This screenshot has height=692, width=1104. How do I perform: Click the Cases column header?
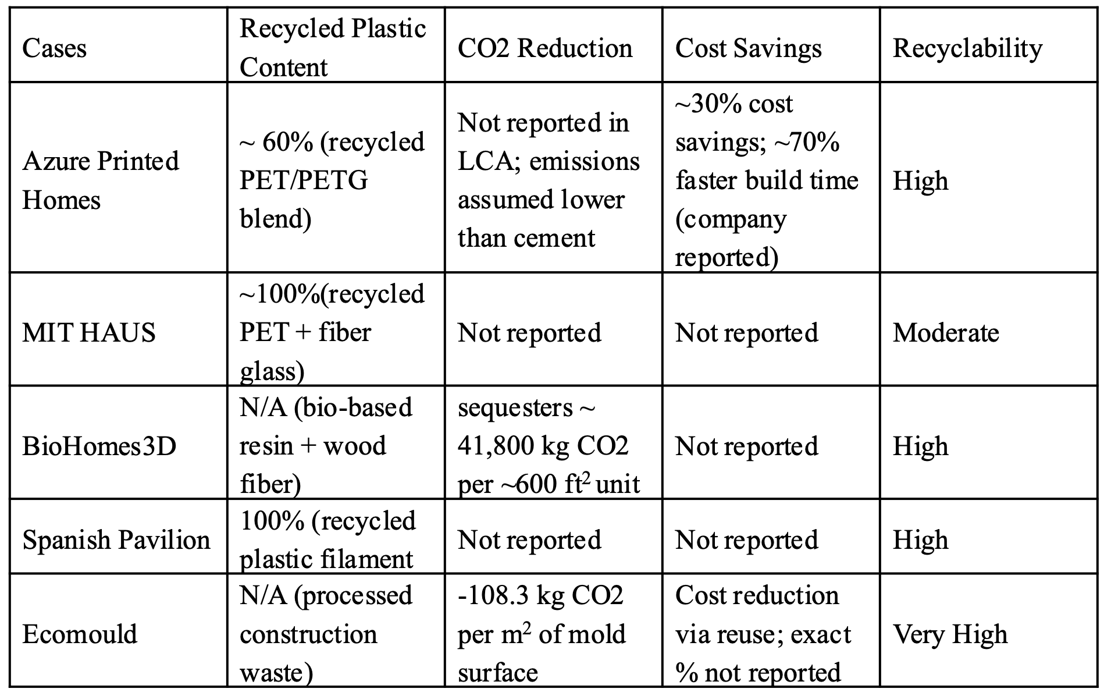point(54,48)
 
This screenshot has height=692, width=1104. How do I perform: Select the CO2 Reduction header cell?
point(544,48)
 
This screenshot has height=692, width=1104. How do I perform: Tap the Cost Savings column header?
point(748,48)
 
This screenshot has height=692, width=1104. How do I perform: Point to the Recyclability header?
point(967,48)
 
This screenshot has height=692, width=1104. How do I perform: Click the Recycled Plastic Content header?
point(333,48)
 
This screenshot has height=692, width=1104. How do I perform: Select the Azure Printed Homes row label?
point(100,180)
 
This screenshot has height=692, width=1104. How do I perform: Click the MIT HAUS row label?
point(88,333)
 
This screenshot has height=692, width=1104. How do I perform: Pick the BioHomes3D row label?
point(99,446)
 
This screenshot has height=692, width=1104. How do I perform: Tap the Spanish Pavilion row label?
point(116,540)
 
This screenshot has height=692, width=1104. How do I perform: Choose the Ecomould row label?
point(80,634)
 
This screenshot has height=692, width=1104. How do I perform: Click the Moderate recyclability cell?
point(946,333)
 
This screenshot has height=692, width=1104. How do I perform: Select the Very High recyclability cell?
point(950,634)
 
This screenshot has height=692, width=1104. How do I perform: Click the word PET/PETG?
point(304,180)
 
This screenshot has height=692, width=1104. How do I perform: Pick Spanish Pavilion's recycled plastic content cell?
point(328,540)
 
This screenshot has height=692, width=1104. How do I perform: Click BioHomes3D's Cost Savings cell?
point(747,446)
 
